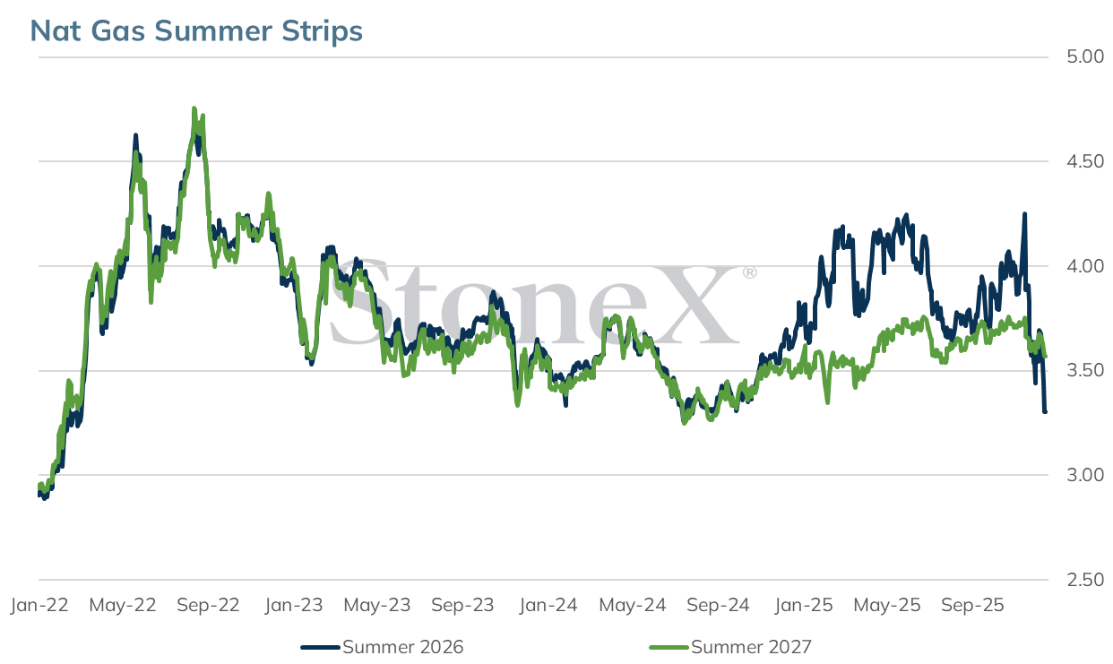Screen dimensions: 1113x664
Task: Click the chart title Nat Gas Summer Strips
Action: [196, 30]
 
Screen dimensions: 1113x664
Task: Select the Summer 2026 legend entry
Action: [382, 647]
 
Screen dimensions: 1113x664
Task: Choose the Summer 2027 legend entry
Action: [730, 647]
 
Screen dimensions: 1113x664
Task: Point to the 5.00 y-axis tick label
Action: [1085, 56]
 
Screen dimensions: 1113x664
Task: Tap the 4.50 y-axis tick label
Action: [1085, 161]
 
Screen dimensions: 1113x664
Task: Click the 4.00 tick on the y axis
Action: [1085, 266]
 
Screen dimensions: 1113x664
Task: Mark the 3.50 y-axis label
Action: [1085, 370]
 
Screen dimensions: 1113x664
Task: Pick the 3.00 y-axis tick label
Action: [1085, 475]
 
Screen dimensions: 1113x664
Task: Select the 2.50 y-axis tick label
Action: [1085, 580]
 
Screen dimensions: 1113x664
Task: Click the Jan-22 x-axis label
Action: [39, 606]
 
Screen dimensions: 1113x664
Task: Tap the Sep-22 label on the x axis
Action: [208, 606]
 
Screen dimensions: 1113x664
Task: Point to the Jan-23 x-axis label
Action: [294, 606]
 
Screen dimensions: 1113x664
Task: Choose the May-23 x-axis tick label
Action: [377, 606]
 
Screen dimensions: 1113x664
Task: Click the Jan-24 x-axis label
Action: [548, 606]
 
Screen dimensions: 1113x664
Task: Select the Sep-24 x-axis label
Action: [718, 606]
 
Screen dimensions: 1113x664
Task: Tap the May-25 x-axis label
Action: [887, 606]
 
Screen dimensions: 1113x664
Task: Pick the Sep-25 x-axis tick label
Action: [972, 606]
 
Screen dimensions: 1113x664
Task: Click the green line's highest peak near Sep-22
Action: [194, 108]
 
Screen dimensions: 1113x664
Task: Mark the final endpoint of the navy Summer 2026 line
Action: [1045, 411]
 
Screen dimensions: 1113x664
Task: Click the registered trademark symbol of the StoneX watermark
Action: [750, 272]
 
